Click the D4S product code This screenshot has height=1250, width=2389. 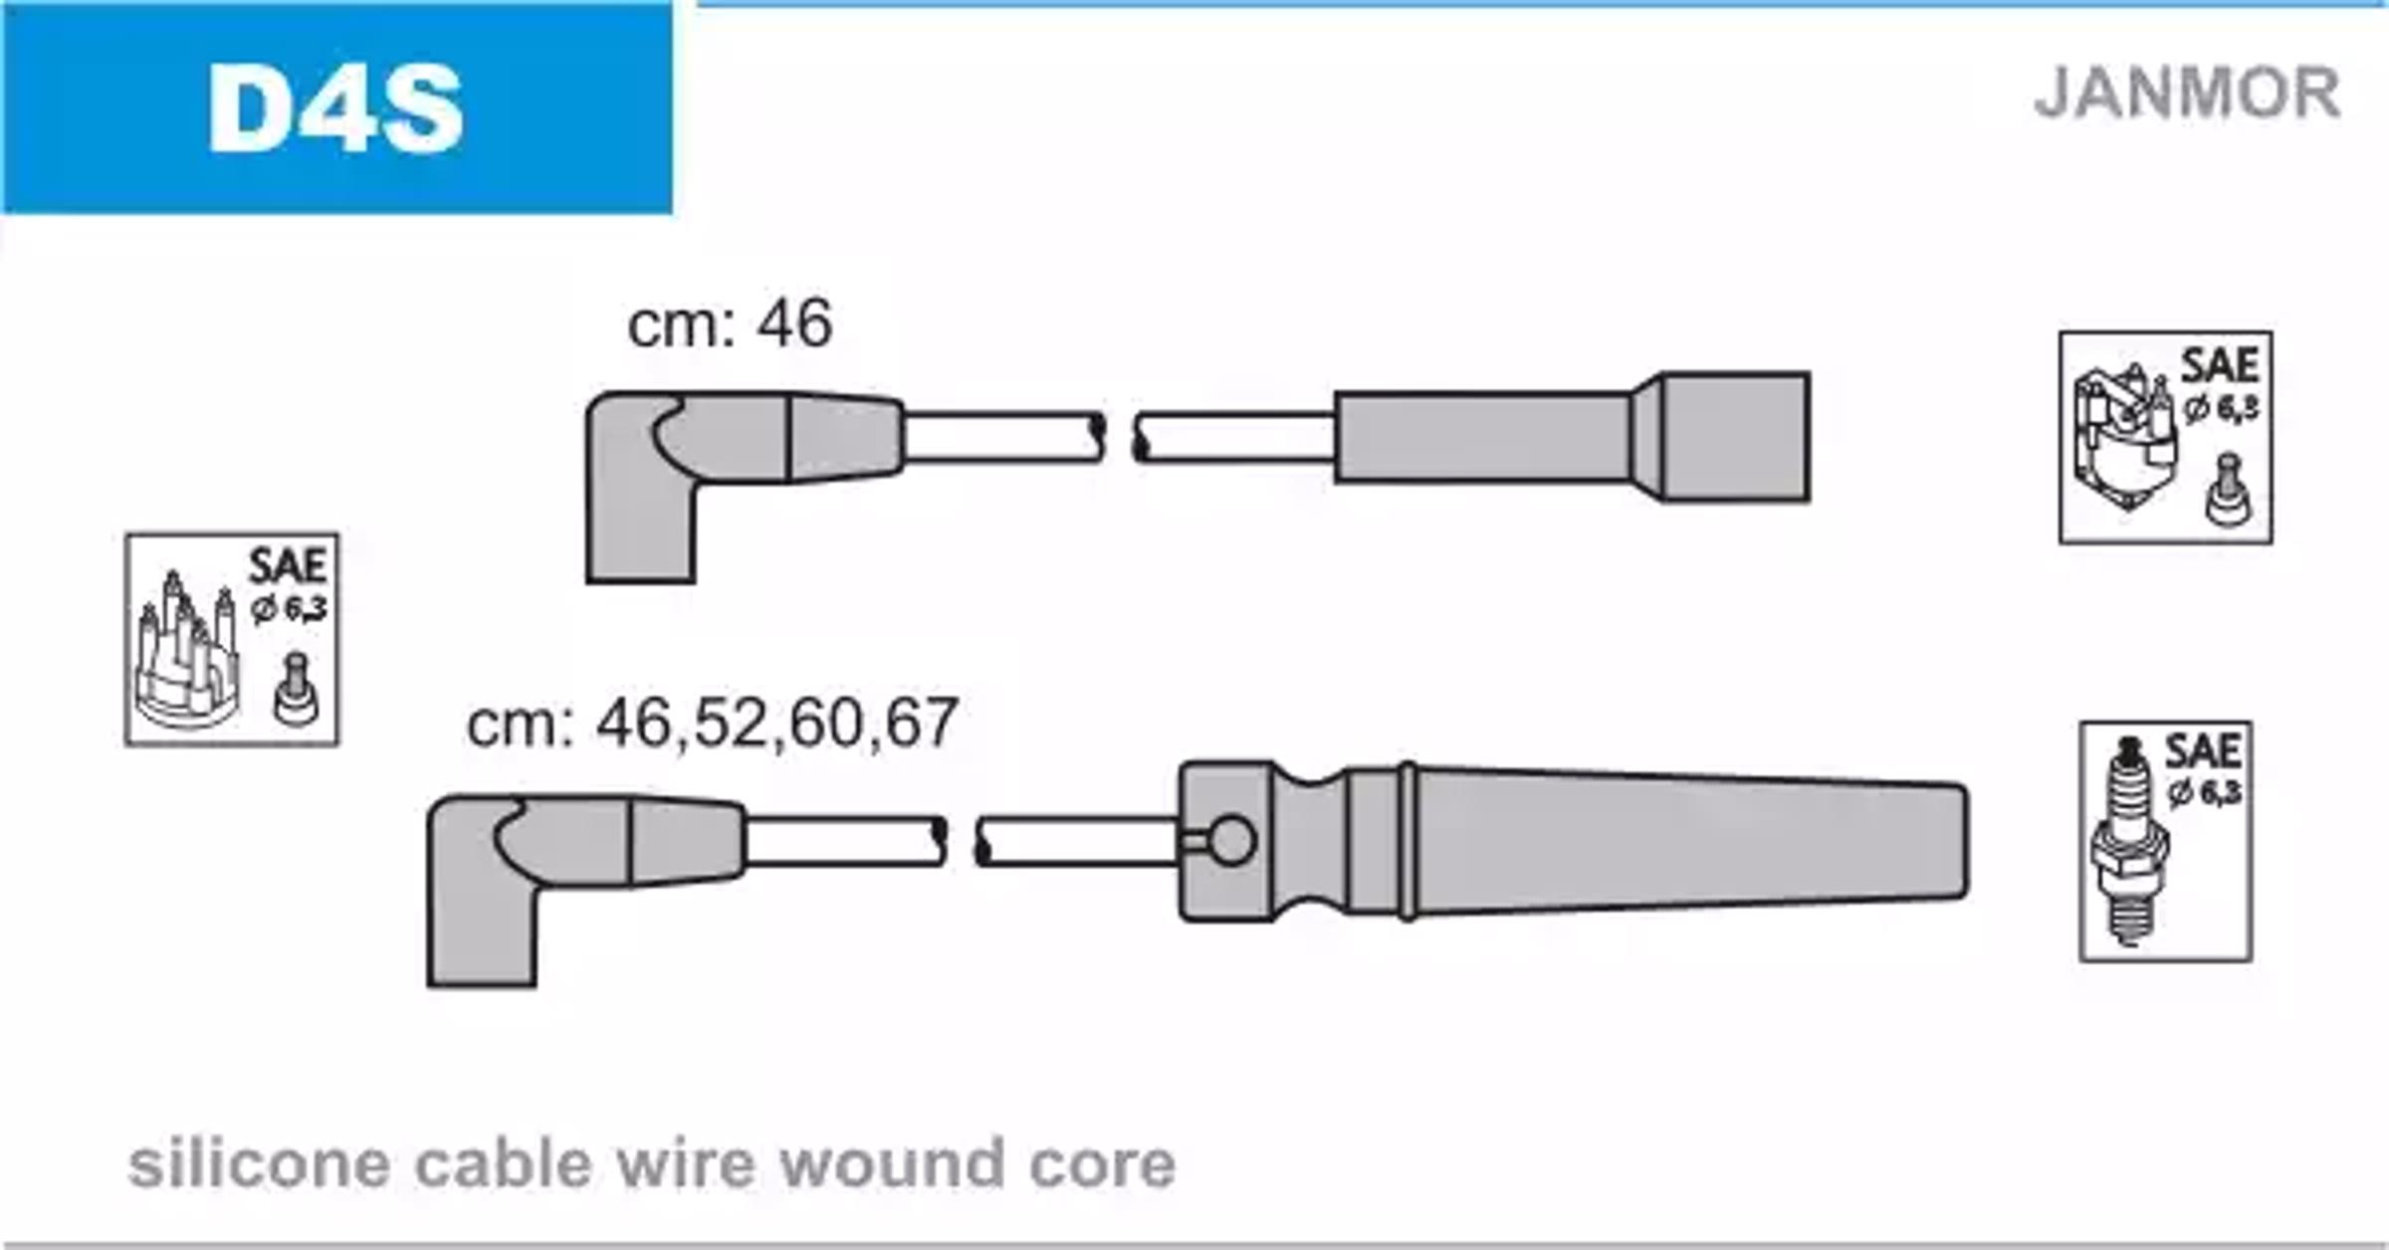click(335, 108)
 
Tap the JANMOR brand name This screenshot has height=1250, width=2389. click(2187, 94)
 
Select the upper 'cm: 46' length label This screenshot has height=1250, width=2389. click(730, 322)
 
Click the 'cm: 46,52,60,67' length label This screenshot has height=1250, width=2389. click(712, 723)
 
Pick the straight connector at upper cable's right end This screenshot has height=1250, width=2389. click(1572, 437)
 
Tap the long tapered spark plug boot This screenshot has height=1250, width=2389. click(1573, 842)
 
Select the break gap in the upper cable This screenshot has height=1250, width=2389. click(1119, 438)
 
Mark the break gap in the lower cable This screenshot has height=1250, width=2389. click(961, 842)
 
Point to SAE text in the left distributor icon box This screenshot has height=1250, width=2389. click(288, 566)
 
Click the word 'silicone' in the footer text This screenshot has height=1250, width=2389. click(259, 1163)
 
